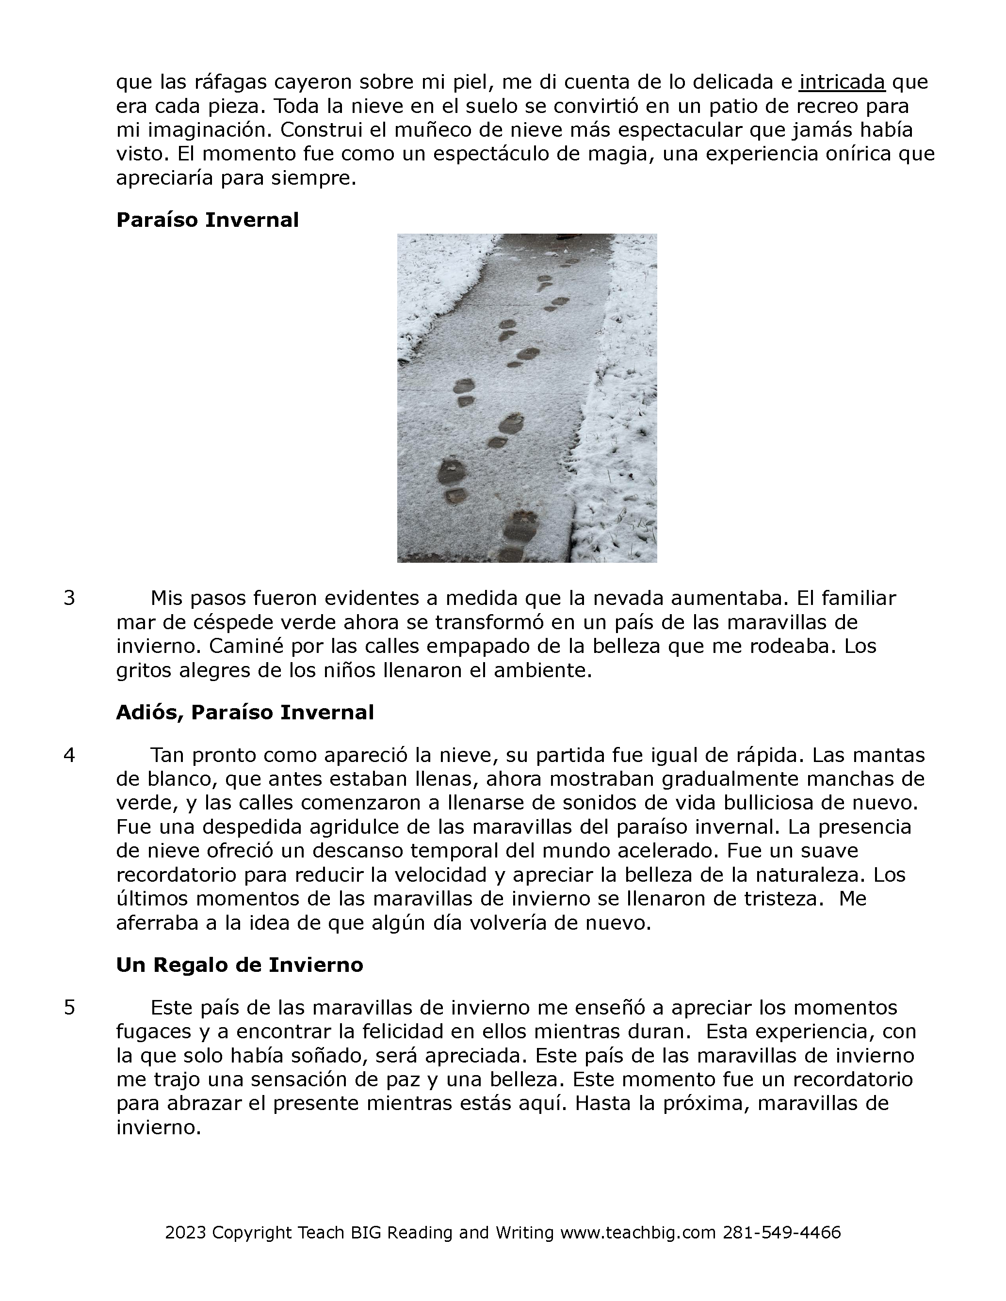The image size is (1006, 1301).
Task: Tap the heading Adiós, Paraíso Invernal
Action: click(244, 712)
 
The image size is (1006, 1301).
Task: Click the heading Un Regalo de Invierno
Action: click(239, 965)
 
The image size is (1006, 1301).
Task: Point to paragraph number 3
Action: click(69, 598)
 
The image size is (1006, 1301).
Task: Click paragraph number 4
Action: click(69, 755)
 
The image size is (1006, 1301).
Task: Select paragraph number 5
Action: click(69, 1007)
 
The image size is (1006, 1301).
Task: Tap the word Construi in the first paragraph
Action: click(325, 129)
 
